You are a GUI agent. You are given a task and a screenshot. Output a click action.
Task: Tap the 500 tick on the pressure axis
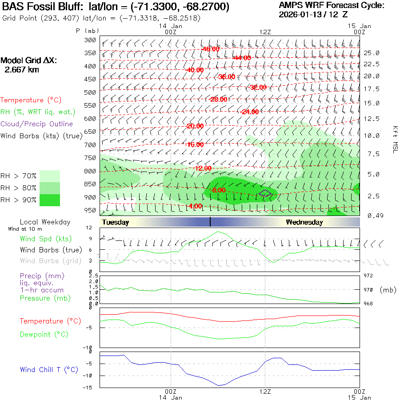(90, 92)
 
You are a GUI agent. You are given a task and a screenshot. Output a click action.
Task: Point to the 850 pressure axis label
(90, 184)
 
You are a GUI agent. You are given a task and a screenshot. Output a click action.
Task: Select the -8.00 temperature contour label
(219, 190)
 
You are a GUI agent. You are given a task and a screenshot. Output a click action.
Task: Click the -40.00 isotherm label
(195, 70)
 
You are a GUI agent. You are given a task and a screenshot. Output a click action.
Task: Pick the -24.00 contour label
(249, 112)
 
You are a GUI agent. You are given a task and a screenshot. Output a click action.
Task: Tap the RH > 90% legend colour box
(50, 200)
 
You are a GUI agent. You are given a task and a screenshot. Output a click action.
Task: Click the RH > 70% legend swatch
(50, 176)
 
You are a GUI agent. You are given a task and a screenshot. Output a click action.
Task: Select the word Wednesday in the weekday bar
(304, 222)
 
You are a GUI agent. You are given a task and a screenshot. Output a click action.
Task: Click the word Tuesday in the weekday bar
(115, 222)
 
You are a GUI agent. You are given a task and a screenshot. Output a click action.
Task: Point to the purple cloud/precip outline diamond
(265, 193)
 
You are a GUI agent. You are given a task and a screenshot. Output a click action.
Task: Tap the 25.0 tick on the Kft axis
(372, 53)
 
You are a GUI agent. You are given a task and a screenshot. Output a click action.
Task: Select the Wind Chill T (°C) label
(48, 370)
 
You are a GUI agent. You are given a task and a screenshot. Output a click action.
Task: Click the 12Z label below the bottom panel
(265, 392)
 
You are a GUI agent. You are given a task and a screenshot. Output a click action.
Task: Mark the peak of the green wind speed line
(218, 232)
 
